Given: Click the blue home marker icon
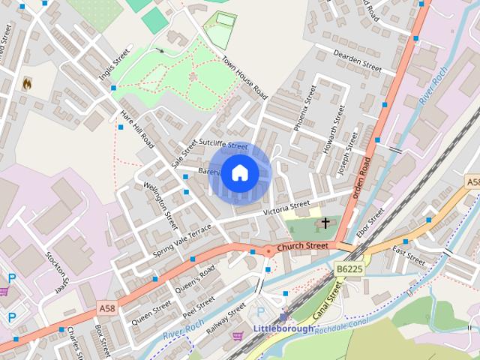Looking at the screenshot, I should coord(239,172).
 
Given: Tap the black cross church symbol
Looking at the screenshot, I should coord(325,223).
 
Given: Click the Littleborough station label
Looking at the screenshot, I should coord(283,328).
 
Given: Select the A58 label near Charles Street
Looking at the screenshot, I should coord(107,307).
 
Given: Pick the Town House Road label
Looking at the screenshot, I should coord(244,78).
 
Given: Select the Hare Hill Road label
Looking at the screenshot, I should coord(136,130).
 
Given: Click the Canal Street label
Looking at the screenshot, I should coord(328,301).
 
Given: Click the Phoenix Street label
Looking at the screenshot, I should coord(305,108).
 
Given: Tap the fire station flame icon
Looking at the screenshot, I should coord(28,83).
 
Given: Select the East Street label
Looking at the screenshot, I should coord(409,259).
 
